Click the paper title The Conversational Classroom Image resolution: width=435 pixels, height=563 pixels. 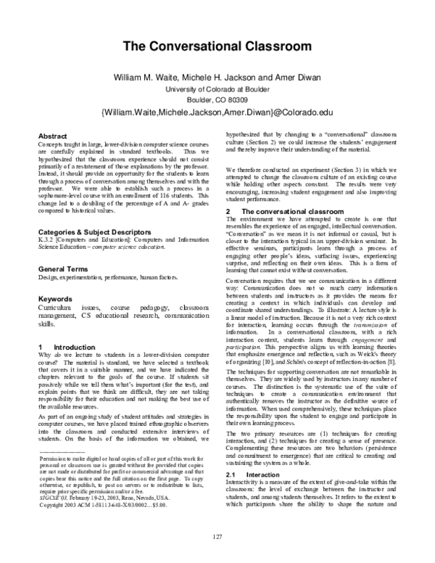tap(217, 47)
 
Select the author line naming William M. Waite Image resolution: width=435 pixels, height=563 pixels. tap(217, 77)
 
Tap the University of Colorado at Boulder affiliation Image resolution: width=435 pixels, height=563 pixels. tap(217, 89)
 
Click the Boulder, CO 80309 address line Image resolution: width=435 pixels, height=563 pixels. tap(217, 99)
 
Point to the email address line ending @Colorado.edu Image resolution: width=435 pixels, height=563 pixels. tap(217, 113)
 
